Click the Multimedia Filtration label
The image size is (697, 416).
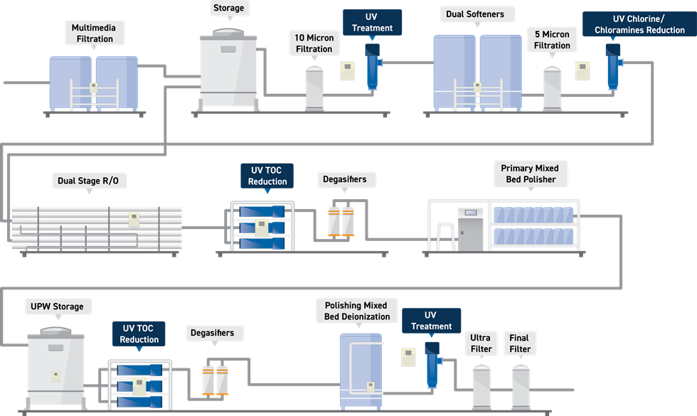[x=94, y=33]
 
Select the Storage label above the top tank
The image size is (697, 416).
[x=228, y=9]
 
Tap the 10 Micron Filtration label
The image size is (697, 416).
[x=314, y=43]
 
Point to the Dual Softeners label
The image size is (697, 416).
[x=474, y=14]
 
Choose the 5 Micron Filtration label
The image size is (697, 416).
[x=553, y=40]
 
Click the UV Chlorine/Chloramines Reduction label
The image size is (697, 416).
[x=639, y=24]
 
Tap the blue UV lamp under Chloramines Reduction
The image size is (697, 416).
[x=612, y=68]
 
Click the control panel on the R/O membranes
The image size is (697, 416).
[x=133, y=219]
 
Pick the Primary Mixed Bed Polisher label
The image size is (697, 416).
[x=529, y=174]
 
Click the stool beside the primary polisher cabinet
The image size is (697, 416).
[x=445, y=235]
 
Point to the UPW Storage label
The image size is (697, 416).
[x=57, y=306]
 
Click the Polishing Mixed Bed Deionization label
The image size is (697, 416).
[x=353, y=311]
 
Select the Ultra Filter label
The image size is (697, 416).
[x=481, y=343]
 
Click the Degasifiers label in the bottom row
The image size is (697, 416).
[x=213, y=333]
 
